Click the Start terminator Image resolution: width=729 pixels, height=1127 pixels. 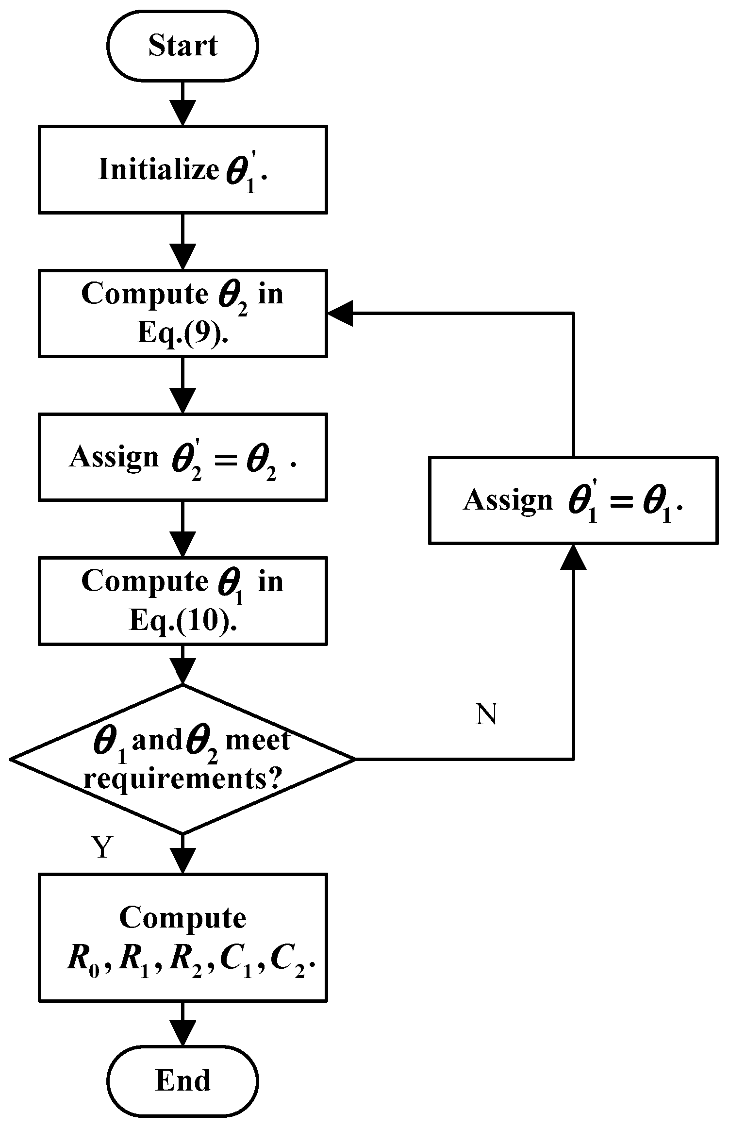[x=182, y=46]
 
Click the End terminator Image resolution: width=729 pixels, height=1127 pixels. [x=182, y=1080]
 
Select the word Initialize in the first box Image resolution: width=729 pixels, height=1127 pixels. [x=158, y=170]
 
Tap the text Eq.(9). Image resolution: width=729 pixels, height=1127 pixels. [x=182, y=334]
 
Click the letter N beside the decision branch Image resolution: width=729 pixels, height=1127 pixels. [x=486, y=714]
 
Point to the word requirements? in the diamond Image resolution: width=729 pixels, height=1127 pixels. [x=182, y=779]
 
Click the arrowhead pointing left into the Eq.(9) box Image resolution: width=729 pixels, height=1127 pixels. [x=340, y=314]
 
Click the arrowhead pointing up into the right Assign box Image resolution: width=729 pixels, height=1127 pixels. [x=573, y=557]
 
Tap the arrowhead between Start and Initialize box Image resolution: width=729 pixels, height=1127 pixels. [x=182, y=113]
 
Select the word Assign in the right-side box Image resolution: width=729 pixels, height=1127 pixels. [x=508, y=500]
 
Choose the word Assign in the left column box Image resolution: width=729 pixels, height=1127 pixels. [x=114, y=457]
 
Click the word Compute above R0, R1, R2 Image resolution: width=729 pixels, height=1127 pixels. [x=182, y=918]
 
